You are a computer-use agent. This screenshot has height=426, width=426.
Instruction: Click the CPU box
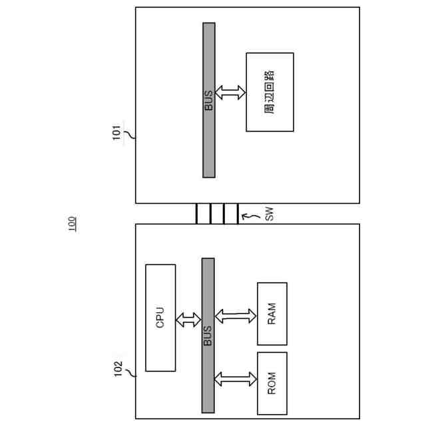coord(160,318)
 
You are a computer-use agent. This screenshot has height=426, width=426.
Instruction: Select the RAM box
coord(272,314)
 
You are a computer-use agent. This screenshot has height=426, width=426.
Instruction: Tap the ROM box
coord(272,383)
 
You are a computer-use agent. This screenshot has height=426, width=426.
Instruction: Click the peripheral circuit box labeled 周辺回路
coord(270,92)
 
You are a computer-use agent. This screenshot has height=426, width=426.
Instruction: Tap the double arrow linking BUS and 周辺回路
coord(231,93)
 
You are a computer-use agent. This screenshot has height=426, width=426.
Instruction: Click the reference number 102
coord(117,370)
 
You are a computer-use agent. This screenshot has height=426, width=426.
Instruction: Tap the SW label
coord(269,214)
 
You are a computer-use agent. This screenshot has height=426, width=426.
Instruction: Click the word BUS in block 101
coord(209,100)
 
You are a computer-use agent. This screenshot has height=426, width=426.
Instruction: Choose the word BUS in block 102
coord(208,335)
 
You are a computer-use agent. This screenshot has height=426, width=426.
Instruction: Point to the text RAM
coord(272,314)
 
